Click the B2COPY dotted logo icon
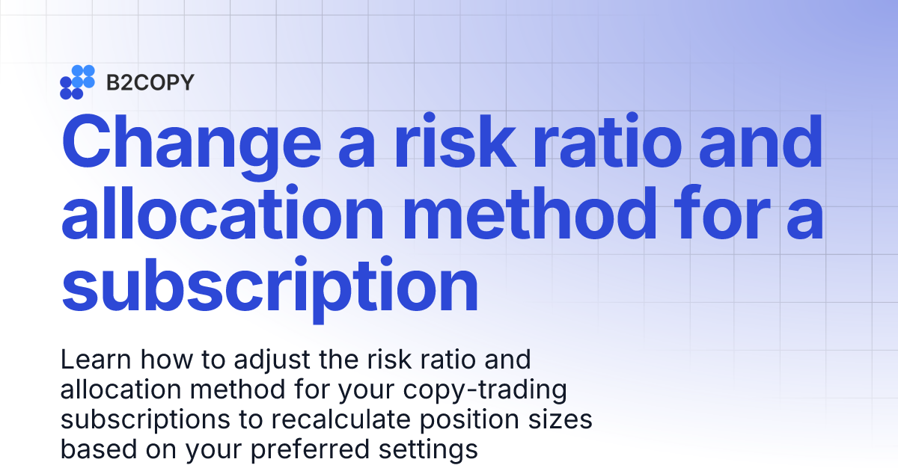(x=77, y=82)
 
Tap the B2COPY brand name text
(x=150, y=82)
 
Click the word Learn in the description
(x=91, y=360)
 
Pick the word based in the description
(x=92, y=449)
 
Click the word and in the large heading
(x=761, y=142)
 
